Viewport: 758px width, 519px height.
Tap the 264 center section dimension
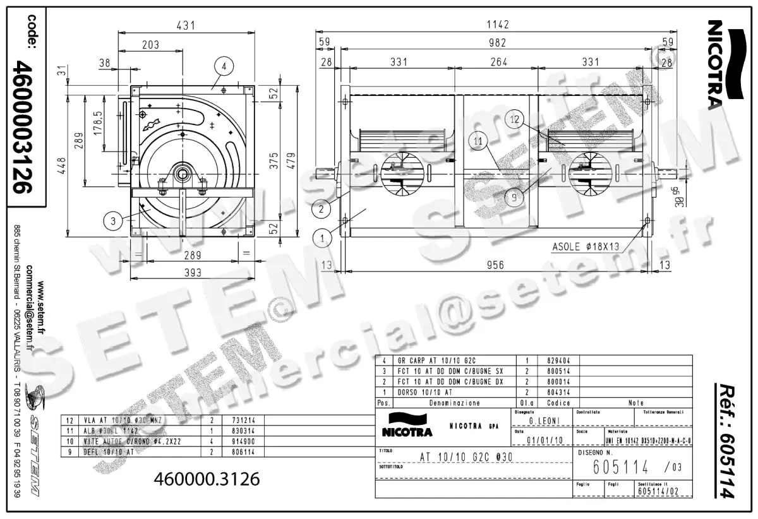[499, 62]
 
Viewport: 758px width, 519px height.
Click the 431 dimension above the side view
[185, 26]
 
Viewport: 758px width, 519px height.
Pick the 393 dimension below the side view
[193, 272]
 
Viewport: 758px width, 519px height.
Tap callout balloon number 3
[112, 220]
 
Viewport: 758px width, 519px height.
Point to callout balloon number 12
[515, 119]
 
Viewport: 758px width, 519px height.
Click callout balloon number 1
[322, 238]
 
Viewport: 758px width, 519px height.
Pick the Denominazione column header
[454, 403]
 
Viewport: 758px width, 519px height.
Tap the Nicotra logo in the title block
[407, 426]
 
